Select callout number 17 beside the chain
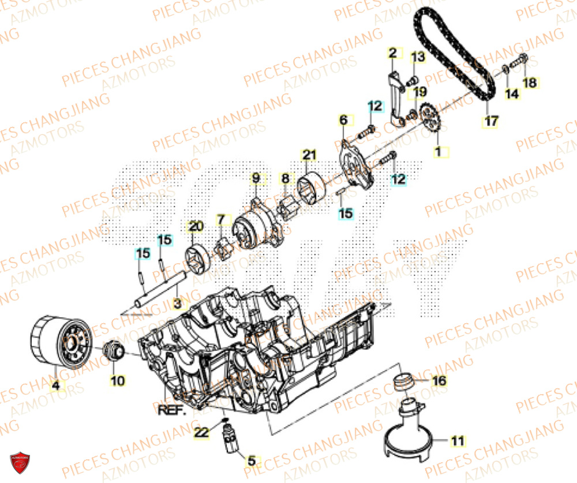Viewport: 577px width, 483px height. (x=490, y=122)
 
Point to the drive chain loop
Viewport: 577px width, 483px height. (x=456, y=52)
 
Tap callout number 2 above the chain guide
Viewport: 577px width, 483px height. (x=393, y=54)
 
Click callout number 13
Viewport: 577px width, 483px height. (x=418, y=57)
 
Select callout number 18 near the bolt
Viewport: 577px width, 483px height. (x=529, y=84)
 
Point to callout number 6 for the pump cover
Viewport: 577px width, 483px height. (x=344, y=120)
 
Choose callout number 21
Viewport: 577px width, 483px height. (x=310, y=155)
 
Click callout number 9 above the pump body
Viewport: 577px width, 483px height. (x=256, y=178)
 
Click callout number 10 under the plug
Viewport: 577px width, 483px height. (x=117, y=381)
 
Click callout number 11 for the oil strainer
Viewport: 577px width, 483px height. (x=457, y=441)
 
